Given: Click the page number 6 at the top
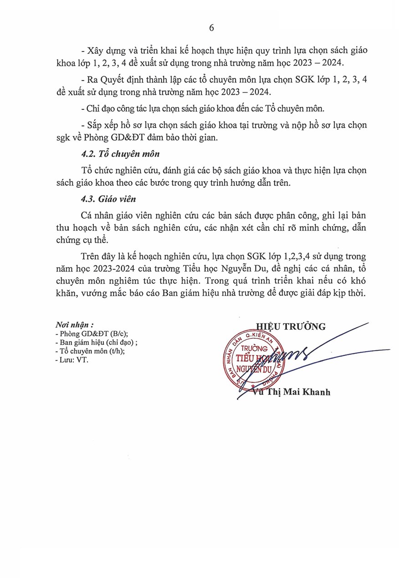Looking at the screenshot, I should [x=211, y=28].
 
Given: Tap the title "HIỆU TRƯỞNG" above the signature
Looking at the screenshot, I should [x=291, y=326].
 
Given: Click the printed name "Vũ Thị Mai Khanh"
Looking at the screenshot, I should [x=292, y=392].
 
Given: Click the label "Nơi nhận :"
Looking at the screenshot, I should [x=74, y=326].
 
